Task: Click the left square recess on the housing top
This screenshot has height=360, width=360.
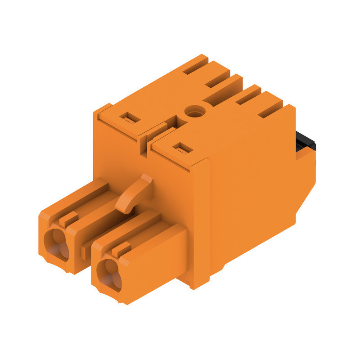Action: [130, 118]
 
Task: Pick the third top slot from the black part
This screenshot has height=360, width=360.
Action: [218, 81]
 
